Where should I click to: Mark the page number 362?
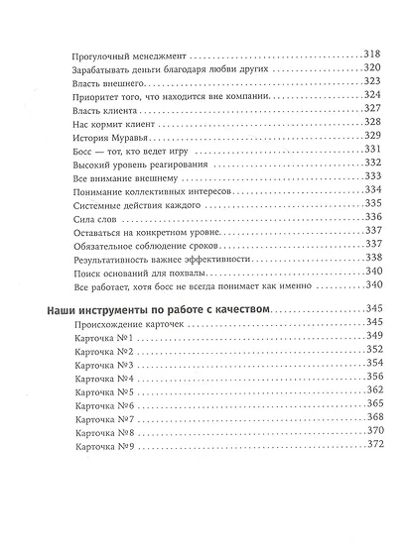point(348,392)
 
